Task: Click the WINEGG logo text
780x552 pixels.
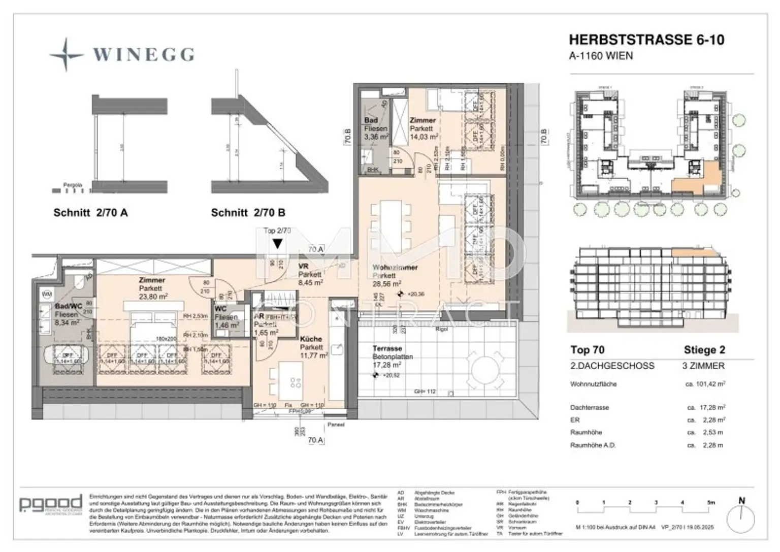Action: [x=143, y=54]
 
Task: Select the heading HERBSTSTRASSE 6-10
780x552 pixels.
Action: [x=646, y=40]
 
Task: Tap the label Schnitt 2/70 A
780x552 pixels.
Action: [x=90, y=213]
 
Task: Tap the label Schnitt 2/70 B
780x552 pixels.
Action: [x=248, y=213]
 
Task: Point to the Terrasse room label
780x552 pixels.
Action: [x=387, y=348]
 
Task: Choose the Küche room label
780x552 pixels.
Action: [x=311, y=339]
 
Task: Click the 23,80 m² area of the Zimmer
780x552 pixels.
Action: [x=153, y=297]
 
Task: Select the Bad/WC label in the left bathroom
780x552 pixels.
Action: [x=67, y=307]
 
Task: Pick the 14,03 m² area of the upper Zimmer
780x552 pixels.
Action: [x=424, y=137]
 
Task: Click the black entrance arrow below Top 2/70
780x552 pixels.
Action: [x=277, y=244]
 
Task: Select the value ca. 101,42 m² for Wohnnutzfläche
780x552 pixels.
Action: [x=705, y=384]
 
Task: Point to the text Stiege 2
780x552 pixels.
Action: [x=704, y=350]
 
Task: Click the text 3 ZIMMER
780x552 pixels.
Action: [x=703, y=366]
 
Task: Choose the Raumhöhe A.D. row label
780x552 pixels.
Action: [x=593, y=445]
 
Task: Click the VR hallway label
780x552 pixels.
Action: [x=304, y=266]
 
